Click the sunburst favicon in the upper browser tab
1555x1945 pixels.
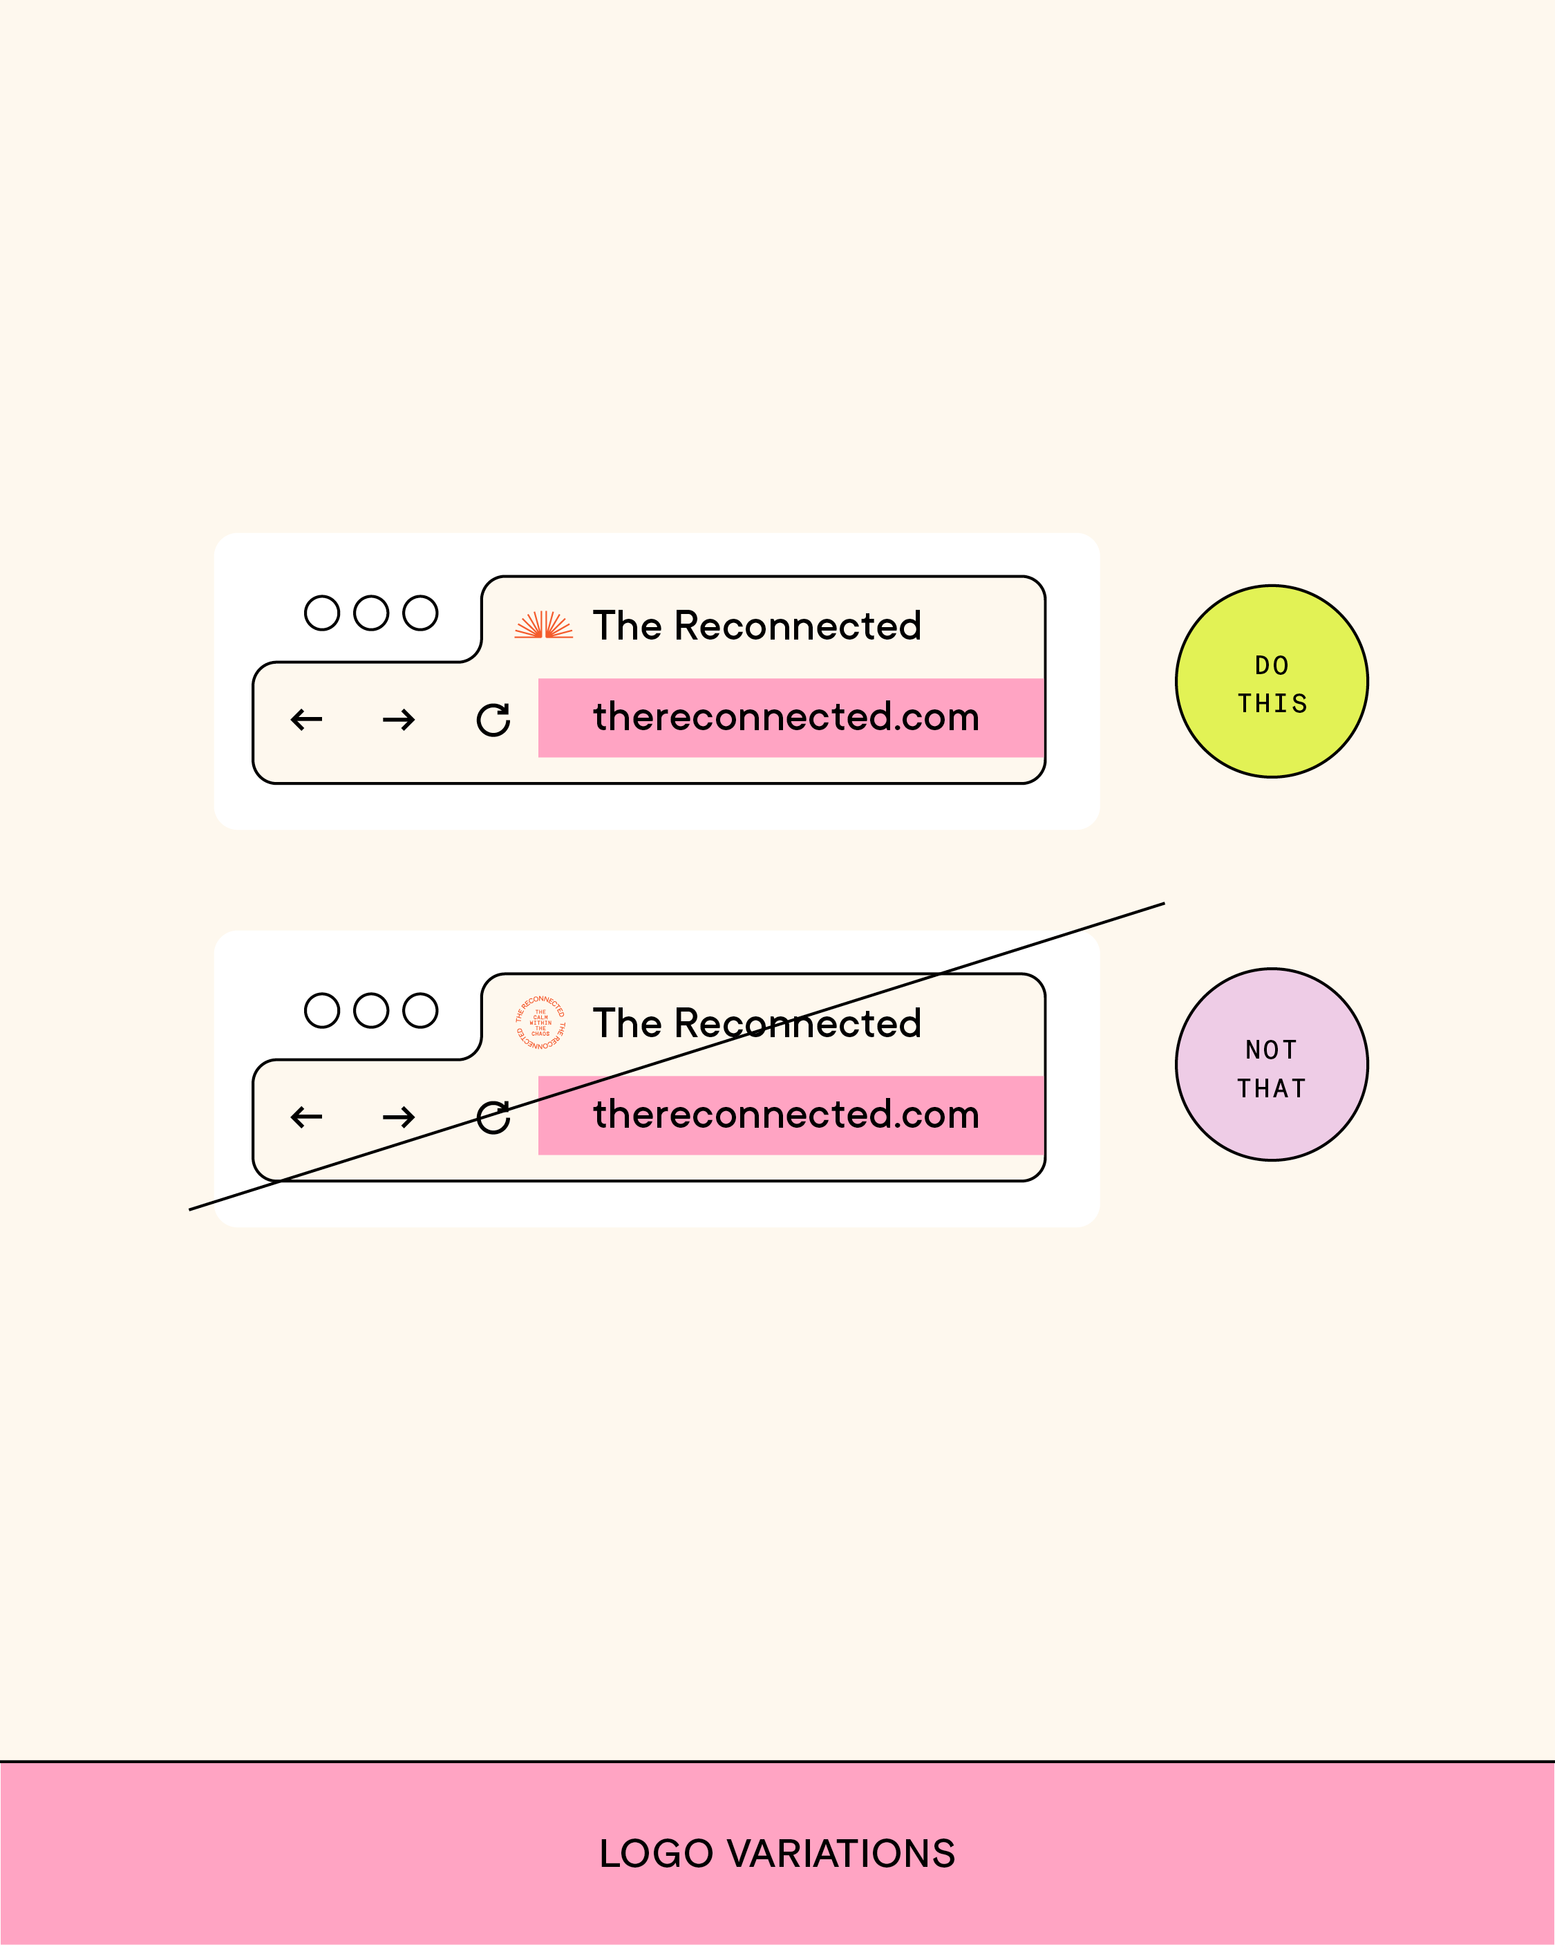point(543,624)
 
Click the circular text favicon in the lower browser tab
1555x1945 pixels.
point(540,1022)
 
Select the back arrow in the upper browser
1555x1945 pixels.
point(307,719)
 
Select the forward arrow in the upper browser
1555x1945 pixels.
point(399,719)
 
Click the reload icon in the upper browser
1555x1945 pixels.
point(493,719)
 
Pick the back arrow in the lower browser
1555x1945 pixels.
point(307,1117)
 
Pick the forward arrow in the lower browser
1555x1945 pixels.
point(399,1117)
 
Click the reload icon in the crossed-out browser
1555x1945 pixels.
point(493,1117)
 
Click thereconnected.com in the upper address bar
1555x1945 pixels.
point(786,717)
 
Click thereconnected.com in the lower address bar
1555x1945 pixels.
point(786,1115)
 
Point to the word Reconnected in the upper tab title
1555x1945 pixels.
point(798,626)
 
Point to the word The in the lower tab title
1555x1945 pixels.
point(627,1024)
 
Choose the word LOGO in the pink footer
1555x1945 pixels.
point(656,1854)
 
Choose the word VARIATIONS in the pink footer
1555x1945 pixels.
point(840,1854)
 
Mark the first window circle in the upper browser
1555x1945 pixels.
point(322,613)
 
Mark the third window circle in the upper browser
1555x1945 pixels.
point(420,613)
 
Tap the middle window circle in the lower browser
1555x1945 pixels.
point(370,1010)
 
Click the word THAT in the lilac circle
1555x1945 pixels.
point(1272,1089)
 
